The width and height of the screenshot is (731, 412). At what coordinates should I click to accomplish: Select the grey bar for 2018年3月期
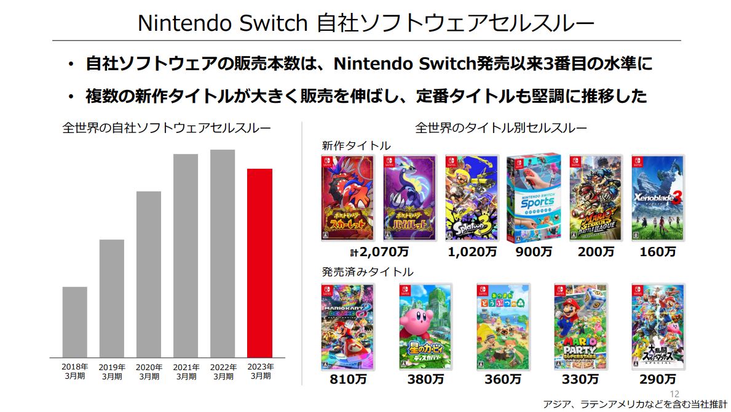74,322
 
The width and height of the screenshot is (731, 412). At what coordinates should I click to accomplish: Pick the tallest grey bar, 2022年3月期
223,253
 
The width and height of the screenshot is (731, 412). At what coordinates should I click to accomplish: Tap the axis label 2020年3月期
149,371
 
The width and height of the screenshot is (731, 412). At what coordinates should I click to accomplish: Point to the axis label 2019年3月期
112,371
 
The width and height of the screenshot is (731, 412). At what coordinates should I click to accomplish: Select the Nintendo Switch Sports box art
534,198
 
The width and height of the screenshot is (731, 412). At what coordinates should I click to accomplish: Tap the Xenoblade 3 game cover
658,198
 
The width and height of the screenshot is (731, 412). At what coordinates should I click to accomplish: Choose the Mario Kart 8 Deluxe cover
347,326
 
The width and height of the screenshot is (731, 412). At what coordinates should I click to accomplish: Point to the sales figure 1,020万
472,251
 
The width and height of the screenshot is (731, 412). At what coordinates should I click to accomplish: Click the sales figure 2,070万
379,251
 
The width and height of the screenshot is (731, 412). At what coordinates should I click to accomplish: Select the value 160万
658,251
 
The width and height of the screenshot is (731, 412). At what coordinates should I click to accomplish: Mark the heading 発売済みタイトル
368,272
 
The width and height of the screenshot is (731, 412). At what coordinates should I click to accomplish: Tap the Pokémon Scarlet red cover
347,198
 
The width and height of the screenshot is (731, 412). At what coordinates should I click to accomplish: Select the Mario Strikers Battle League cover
596,198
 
